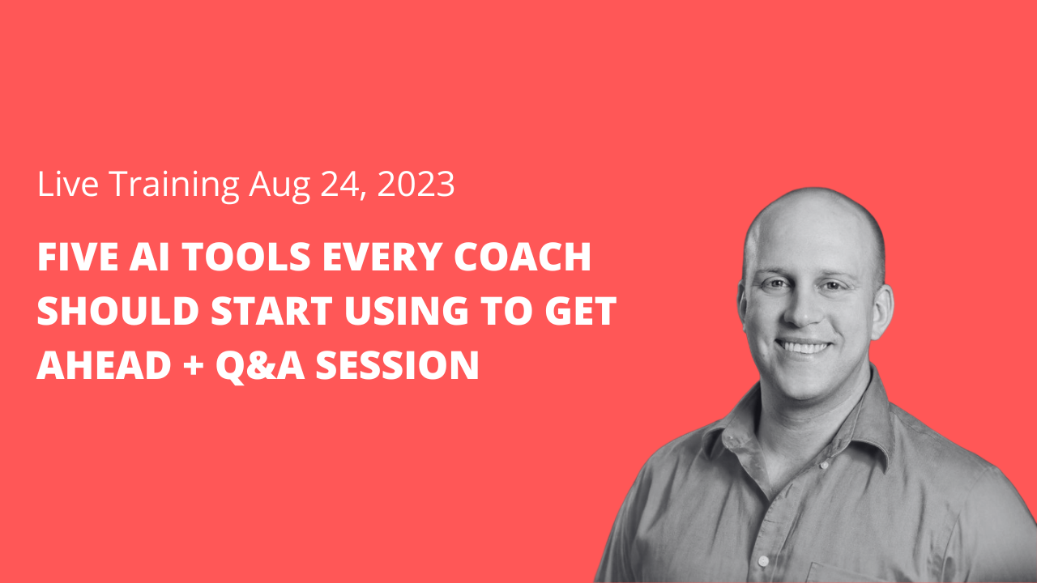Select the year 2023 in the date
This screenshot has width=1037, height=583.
[415, 185]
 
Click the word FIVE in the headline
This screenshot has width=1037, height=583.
[76, 259]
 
